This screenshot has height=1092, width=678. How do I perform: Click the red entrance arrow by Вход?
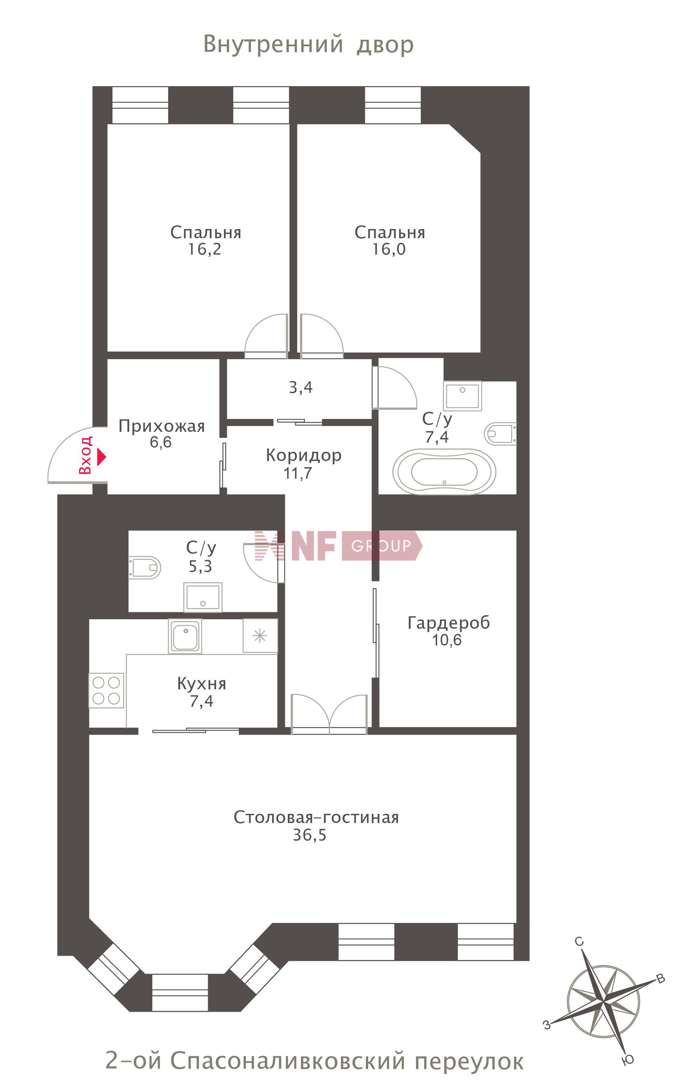pyautogui.click(x=102, y=457)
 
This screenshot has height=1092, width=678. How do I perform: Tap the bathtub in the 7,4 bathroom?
pyautogui.click(x=444, y=472)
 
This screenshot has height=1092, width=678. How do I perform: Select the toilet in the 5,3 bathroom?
pyautogui.click(x=144, y=568)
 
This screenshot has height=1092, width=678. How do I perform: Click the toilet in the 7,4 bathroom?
pyautogui.click(x=500, y=433)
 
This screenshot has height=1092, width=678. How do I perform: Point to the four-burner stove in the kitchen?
pyautogui.click(x=106, y=690)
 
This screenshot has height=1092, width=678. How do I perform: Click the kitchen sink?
pyautogui.click(x=185, y=636)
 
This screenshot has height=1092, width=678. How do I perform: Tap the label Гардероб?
pyautogui.click(x=448, y=623)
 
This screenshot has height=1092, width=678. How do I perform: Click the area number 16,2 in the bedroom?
pyautogui.click(x=204, y=249)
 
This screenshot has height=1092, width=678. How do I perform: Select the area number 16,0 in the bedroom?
pyautogui.click(x=389, y=249)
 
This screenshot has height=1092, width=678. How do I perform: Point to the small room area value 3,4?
pyautogui.click(x=301, y=387)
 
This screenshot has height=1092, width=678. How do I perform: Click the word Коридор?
pyautogui.click(x=304, y=455)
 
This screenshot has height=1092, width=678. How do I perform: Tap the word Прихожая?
pyautogui.click(x=161, y=426)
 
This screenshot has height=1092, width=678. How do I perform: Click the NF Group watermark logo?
pyautogui.click(x=339, y=545)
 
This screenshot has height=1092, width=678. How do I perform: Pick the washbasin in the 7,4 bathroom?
pyautogui.click(x=462, y=396)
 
